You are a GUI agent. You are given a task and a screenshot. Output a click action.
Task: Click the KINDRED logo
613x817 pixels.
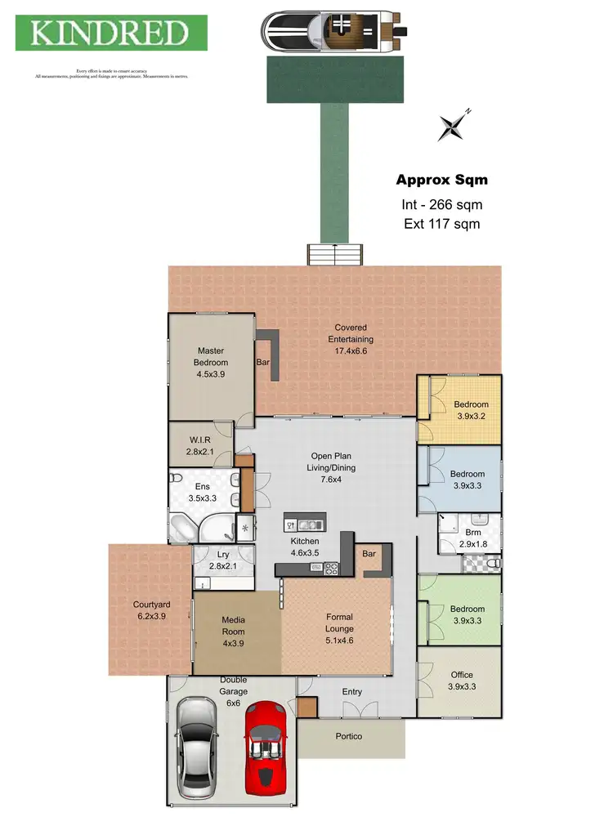tap(111, 33)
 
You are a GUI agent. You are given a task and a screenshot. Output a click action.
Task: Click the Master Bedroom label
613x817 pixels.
tap(211, 363)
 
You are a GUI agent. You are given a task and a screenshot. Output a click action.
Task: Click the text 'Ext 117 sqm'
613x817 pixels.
tap(441, 223)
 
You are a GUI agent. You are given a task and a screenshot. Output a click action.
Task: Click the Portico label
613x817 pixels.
tap(348, 737)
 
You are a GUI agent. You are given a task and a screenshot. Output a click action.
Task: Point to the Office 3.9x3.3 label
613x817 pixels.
tap(462, 681)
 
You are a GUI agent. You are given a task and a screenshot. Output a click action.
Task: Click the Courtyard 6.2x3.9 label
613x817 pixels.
tap(150, 611)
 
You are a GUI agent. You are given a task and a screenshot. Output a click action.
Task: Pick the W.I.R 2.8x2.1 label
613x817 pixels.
tap(200, 446)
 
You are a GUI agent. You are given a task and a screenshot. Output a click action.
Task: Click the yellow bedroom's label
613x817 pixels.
tap(471, 410)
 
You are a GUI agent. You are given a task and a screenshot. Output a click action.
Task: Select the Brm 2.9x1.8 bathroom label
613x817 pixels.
tap(473, 525)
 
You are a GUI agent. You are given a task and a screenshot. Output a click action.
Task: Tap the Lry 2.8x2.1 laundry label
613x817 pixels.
tap(222, 560)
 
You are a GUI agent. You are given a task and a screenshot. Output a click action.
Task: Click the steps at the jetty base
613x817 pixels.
tap(333, 254)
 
